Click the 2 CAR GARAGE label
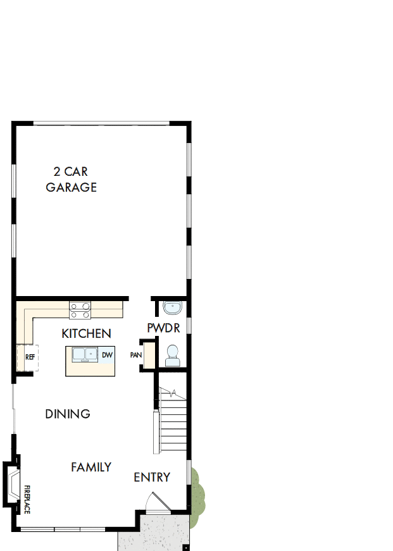(71, 179)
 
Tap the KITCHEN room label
(86, 333)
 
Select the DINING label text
(68, 414)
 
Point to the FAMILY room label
(91, 467)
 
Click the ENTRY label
(152, 477)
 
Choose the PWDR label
(163, 328)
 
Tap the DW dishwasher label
(108, 355)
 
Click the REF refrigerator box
(28, 357)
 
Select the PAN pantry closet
(136, 355)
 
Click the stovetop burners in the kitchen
(80, 310)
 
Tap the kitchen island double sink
(84, 355)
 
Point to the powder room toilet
(172, 356)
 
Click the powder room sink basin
(172, 308)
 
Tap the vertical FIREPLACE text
(27, 498)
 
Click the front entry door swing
(155, 503)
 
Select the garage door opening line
(101, 122)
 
